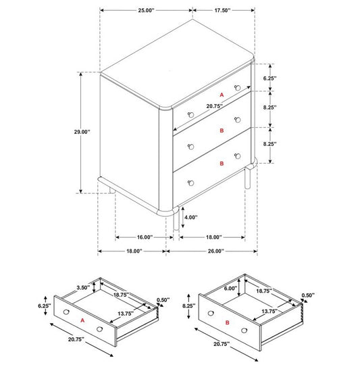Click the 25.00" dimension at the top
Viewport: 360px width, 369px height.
(146, 10)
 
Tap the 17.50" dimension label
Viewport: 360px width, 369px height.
(222, 10)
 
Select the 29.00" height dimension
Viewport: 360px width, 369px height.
(82, 132)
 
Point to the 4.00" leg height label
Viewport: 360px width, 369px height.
(190, 217)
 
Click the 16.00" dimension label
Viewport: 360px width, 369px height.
(145, 237)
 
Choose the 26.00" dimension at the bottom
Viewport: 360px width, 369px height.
(215, 251)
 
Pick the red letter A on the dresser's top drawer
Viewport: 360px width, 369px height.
(222, 95)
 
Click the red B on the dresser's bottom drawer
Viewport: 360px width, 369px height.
(222, 164)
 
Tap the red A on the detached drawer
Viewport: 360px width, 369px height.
(82, 320)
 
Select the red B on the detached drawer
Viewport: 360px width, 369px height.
(227, 322)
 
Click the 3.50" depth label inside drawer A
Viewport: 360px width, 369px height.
(83, 288)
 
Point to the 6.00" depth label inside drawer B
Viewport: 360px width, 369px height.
(230, 289)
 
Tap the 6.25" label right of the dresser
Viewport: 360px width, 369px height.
(269, 78)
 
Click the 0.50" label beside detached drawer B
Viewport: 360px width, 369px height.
(308, 295)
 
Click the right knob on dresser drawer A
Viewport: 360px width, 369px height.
(238, 88)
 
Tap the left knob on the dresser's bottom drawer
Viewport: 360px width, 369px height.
(191, 183)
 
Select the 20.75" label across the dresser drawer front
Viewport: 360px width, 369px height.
(215, 106)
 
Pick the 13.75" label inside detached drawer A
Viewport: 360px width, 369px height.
(126, 314)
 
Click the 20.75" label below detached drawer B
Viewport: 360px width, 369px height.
(222, 344)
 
